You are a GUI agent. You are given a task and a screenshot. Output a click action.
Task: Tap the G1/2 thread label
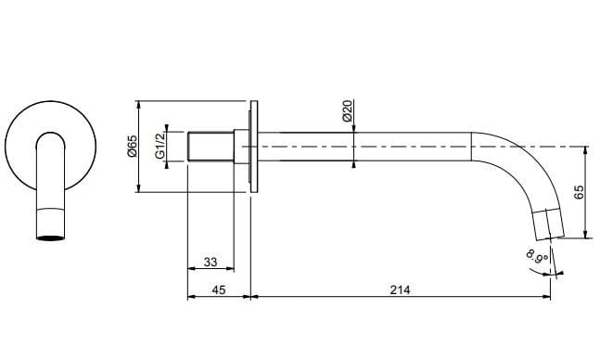click(160, 147)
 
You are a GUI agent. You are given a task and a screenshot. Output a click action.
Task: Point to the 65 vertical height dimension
click(579, 193)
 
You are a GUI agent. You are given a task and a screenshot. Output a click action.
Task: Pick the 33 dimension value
click(211, 263)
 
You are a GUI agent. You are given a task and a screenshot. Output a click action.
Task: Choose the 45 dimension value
click(219, 290)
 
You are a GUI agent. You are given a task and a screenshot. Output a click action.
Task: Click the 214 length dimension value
click(401, 290)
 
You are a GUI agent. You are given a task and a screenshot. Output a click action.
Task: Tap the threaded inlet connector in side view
click(211, 147)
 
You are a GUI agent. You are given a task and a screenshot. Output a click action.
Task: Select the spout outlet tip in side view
click(547, 225)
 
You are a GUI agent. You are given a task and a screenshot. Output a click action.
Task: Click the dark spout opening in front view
click(51, 238)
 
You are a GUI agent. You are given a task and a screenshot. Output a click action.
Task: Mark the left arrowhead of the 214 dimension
click(256, 298)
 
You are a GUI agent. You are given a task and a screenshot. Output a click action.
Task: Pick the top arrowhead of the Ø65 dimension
click(138, 104)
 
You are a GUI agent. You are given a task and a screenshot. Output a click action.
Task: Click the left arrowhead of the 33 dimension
click(191, 271)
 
